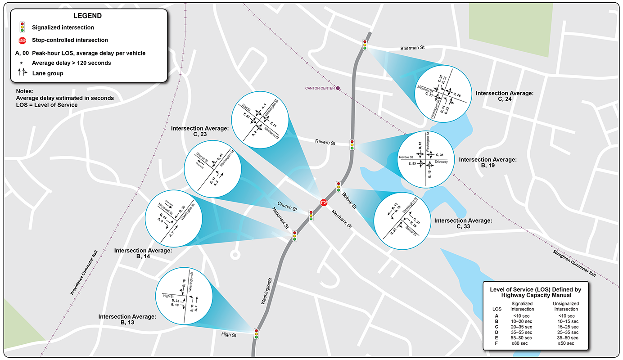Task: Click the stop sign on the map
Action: (x=324, y=203)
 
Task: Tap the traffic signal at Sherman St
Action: (x=364, y=45)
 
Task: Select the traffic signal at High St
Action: (x=257, y=333)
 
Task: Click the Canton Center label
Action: (x=320, y=88)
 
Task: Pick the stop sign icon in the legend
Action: (x=23, y=40)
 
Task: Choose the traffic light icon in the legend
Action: (x=23, y=27)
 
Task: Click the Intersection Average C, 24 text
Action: (x=504, y=96)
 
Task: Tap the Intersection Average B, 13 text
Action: (x=127, y=319)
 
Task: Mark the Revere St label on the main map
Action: (x=326, y=143)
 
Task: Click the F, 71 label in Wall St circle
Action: (x=273, y=123)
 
